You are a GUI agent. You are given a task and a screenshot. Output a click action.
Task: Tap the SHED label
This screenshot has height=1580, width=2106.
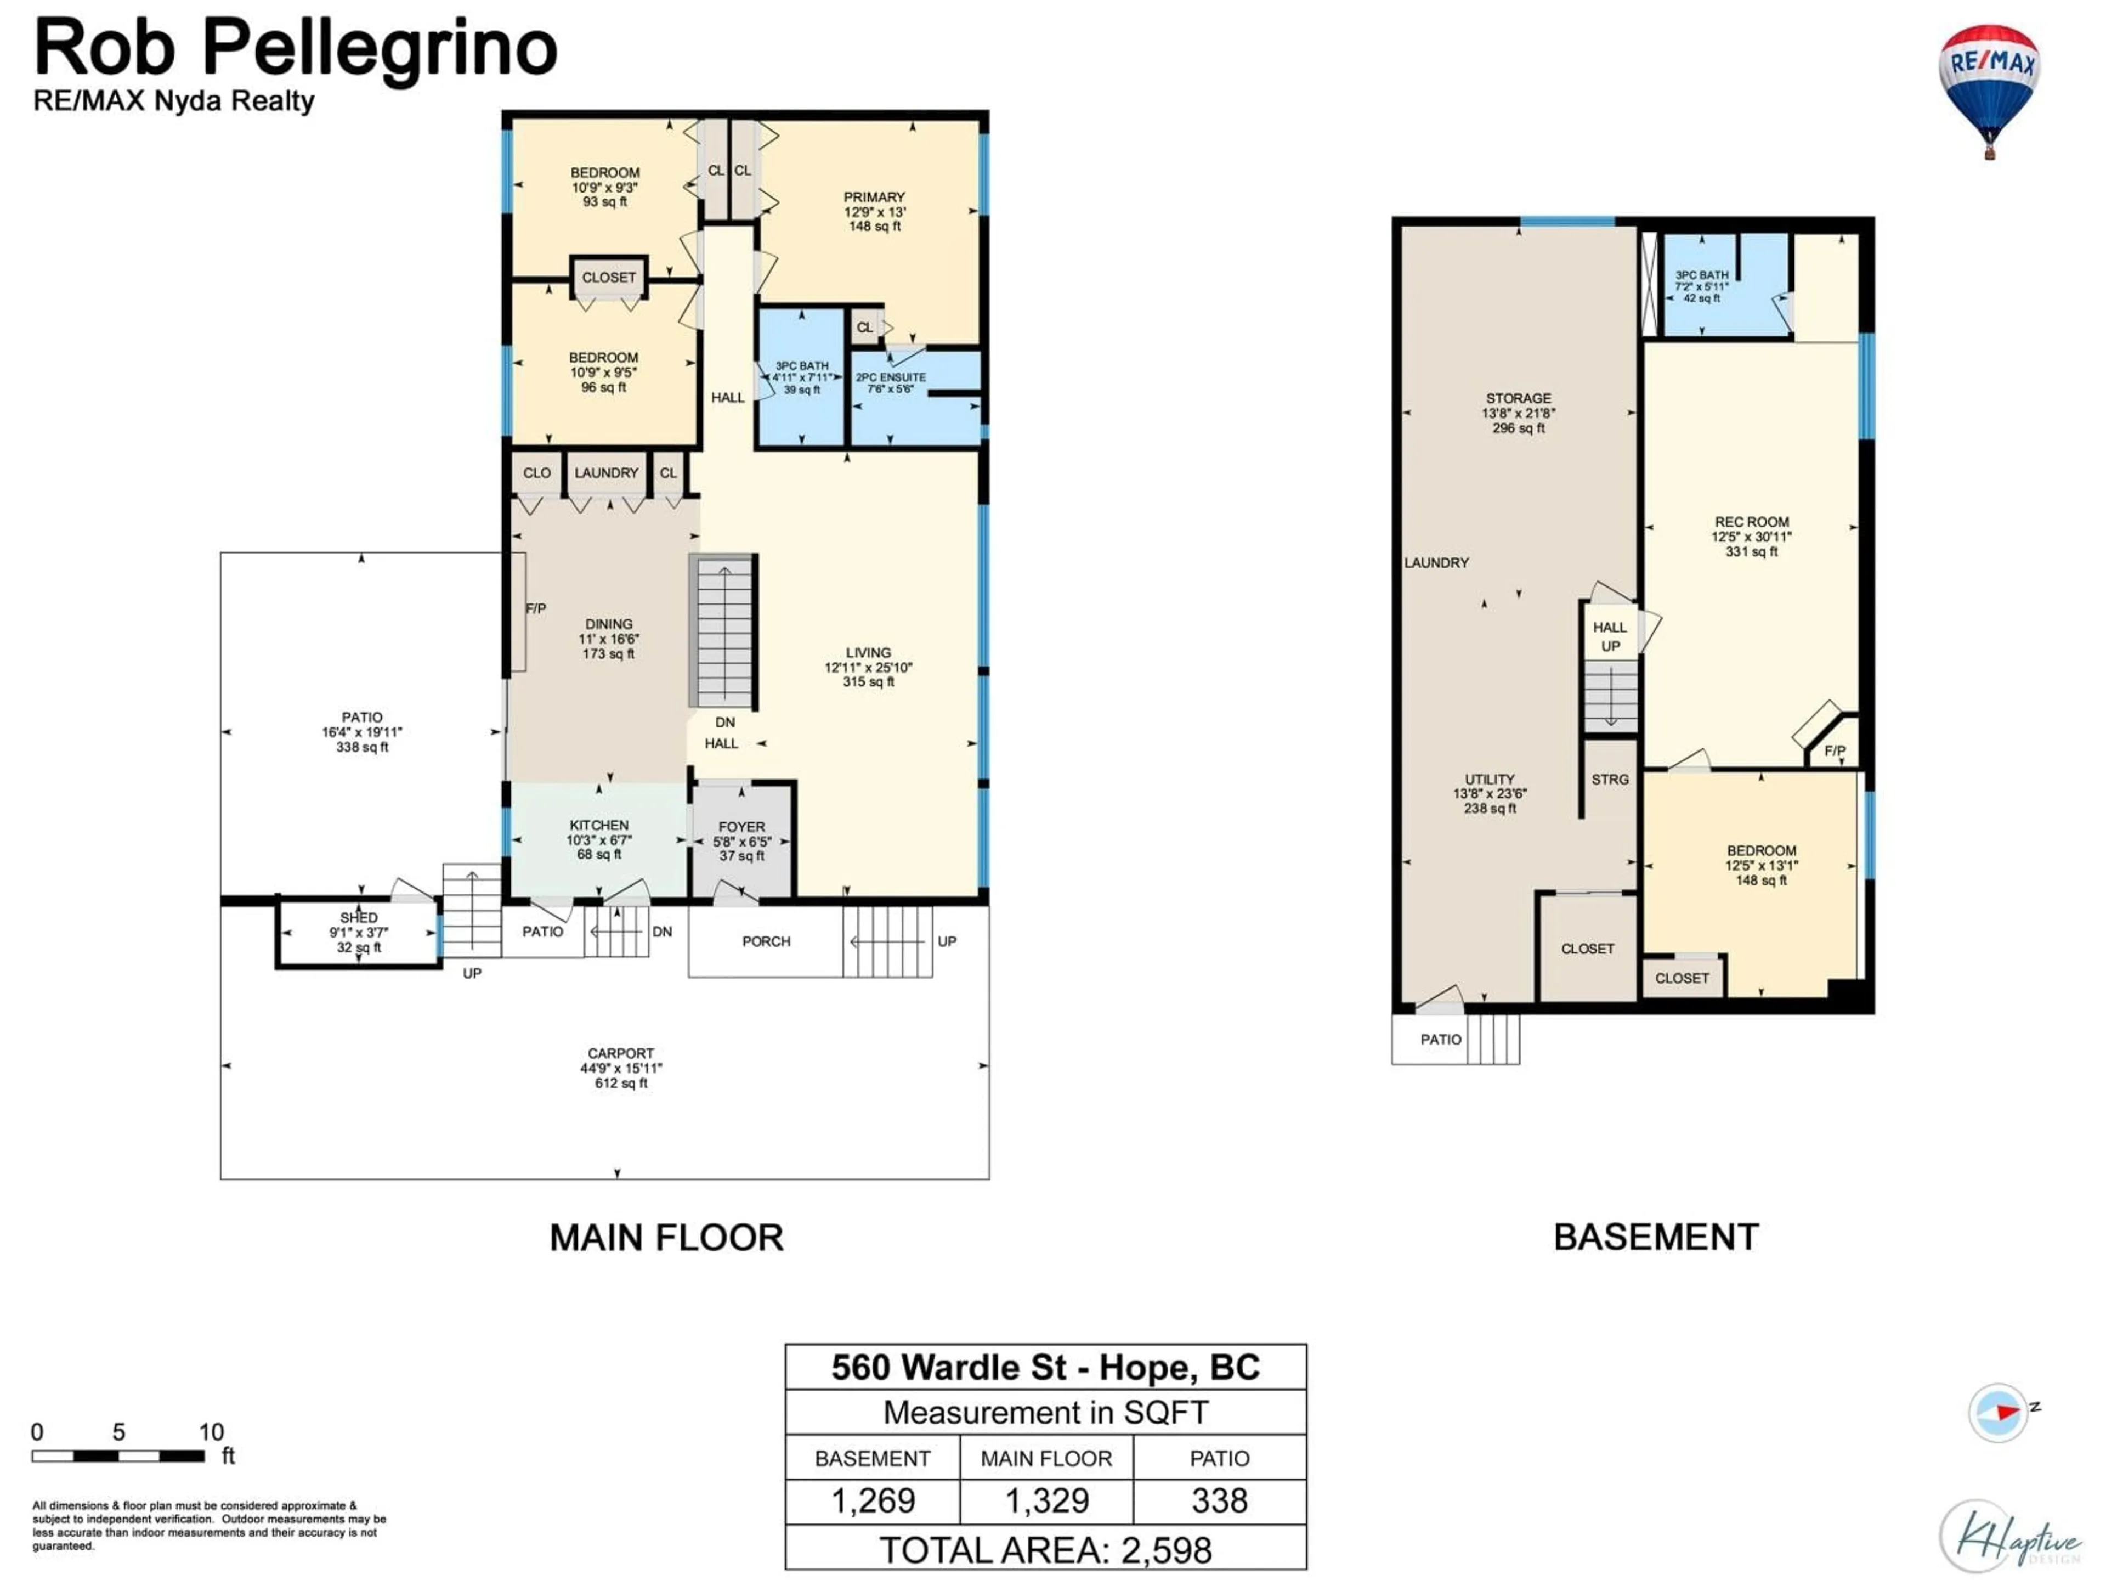point(359,918)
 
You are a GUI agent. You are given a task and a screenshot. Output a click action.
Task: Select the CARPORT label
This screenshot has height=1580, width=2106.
point(621,1053)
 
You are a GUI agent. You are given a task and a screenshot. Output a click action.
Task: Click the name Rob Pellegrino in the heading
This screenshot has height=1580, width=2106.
point(295,48)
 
